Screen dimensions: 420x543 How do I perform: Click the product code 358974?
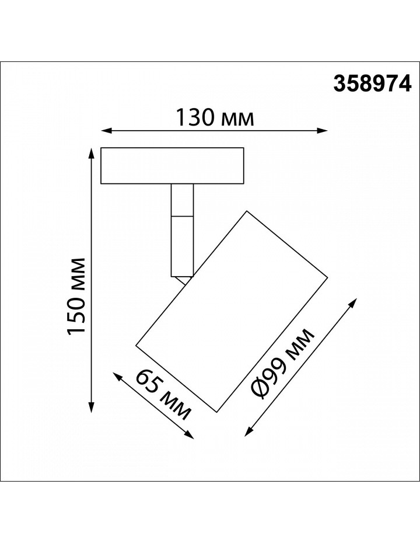373,85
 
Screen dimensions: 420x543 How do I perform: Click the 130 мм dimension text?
215,118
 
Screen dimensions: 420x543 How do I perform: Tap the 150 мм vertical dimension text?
76,296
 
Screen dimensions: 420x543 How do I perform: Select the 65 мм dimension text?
163,394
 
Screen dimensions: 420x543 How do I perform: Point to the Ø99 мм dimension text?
283,364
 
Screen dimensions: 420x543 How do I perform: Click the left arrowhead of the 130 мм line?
106,131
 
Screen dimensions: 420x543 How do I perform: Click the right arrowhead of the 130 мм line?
323,131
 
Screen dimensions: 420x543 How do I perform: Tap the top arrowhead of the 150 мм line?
92,153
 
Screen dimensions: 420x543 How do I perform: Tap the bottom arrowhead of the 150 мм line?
92,408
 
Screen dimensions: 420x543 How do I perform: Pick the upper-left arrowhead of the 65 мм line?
118,377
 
